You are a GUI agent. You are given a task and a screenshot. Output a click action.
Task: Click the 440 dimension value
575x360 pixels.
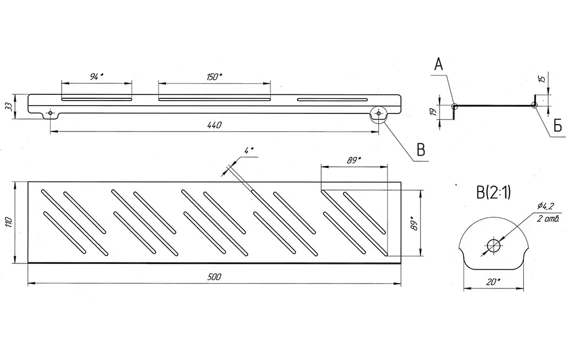(x=214, y=125)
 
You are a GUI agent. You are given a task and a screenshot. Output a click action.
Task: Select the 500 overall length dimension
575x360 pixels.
(x=214, y=277)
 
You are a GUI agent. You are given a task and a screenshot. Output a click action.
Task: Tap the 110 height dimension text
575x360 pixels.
(x=10, y=222)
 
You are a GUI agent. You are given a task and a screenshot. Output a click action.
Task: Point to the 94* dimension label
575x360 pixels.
(x=97, y=76)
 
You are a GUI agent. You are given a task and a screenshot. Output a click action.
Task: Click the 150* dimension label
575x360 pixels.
(x=214, y=76)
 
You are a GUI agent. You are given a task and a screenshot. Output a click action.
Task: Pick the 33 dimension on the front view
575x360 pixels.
(x=10, y=106)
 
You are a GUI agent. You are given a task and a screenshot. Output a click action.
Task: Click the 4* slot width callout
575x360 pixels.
(x=249, y=151)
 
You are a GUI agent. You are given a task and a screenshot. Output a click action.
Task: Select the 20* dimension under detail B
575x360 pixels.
(x=493, y=282)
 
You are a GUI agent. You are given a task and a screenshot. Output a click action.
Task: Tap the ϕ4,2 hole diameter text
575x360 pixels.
(x=545, y=206)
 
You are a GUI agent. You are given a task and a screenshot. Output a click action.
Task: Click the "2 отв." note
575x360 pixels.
(x=547, y=220)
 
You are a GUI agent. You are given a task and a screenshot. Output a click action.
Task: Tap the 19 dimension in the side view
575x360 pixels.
(x=433, y=112)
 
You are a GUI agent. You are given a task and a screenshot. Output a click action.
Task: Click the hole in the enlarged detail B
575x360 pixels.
(x=494, y=245)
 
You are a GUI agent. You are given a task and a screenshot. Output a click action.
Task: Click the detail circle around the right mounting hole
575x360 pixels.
(x=378, y=113)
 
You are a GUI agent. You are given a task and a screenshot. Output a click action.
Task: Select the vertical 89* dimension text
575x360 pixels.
(x=414, y=223)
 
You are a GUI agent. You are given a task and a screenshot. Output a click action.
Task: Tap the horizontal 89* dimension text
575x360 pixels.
(x=354, y=160)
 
